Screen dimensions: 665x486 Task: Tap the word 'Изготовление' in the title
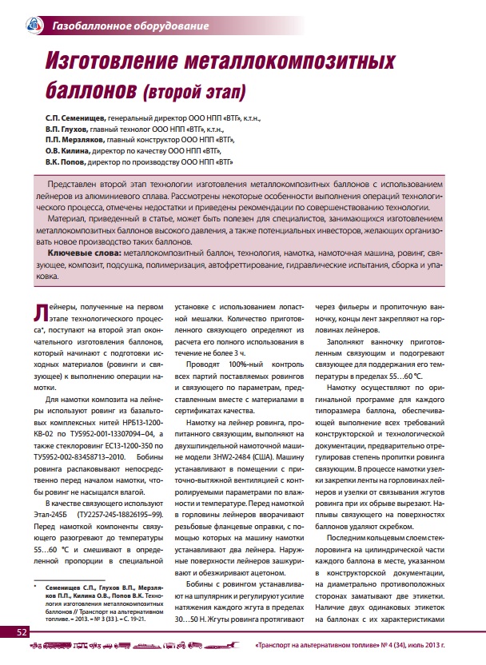pos(149,61)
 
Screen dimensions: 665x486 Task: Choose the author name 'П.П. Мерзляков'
pos(78,138)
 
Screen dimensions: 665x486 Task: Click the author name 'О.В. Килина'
pos(70,149)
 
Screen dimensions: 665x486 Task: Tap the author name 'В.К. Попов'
pos(68,161)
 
